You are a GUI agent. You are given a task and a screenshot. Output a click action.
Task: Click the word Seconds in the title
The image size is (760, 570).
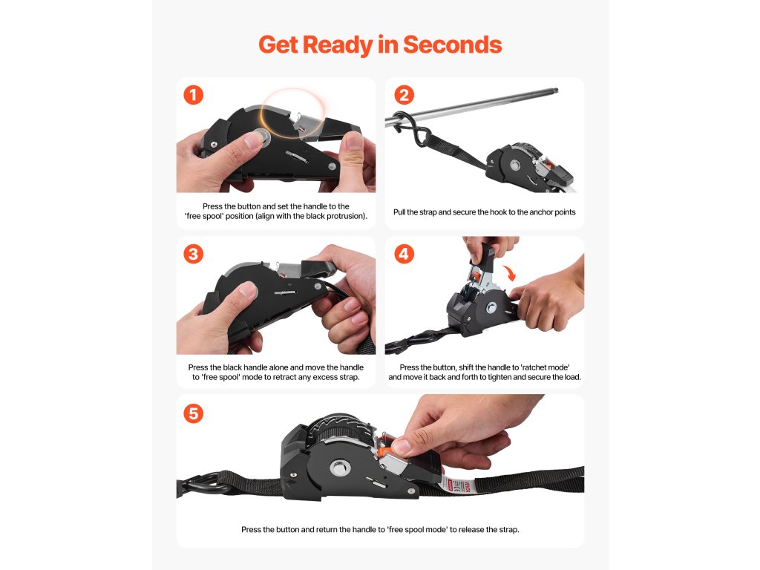click(x=452, y=45)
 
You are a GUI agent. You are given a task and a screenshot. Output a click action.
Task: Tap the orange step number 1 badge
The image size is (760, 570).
click(x=194, y=95)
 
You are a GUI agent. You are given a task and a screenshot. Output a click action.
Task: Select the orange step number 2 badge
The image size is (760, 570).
click(x=404, y=95)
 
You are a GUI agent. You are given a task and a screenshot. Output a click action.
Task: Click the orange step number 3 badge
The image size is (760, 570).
click(x=194, y=254)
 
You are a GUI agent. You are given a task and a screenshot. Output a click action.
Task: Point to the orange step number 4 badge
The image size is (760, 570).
click(x=404, y=254)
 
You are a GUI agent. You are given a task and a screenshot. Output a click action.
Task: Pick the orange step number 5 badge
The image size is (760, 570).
click(x=194, y=413)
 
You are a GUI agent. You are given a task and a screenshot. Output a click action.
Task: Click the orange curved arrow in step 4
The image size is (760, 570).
click(x=509, y=273)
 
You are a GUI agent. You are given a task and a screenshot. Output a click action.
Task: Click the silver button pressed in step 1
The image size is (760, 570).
click(x=261, y=138)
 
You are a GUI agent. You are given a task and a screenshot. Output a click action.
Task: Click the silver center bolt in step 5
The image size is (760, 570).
click(x=340, y=468)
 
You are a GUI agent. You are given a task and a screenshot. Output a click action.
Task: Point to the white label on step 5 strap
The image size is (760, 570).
click(x=454, y=485)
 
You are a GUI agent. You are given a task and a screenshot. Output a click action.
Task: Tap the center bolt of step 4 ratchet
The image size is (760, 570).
click(x=491, y=307)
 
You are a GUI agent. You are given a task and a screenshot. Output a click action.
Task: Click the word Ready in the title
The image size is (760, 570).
click(x=338, y=45)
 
